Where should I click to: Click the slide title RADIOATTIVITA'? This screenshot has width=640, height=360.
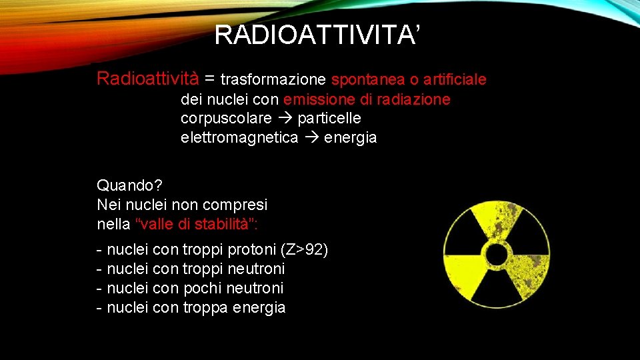317,35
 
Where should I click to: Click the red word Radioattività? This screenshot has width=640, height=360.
147,79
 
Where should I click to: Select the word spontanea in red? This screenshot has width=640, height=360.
367,80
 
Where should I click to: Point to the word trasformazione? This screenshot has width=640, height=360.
273,80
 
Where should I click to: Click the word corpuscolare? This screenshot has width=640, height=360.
226,119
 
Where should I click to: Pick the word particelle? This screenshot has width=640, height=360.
329,119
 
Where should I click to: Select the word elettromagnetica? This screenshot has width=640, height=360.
239,138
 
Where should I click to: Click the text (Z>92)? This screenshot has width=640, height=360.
304,251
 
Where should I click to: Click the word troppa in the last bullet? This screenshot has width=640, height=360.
205,308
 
